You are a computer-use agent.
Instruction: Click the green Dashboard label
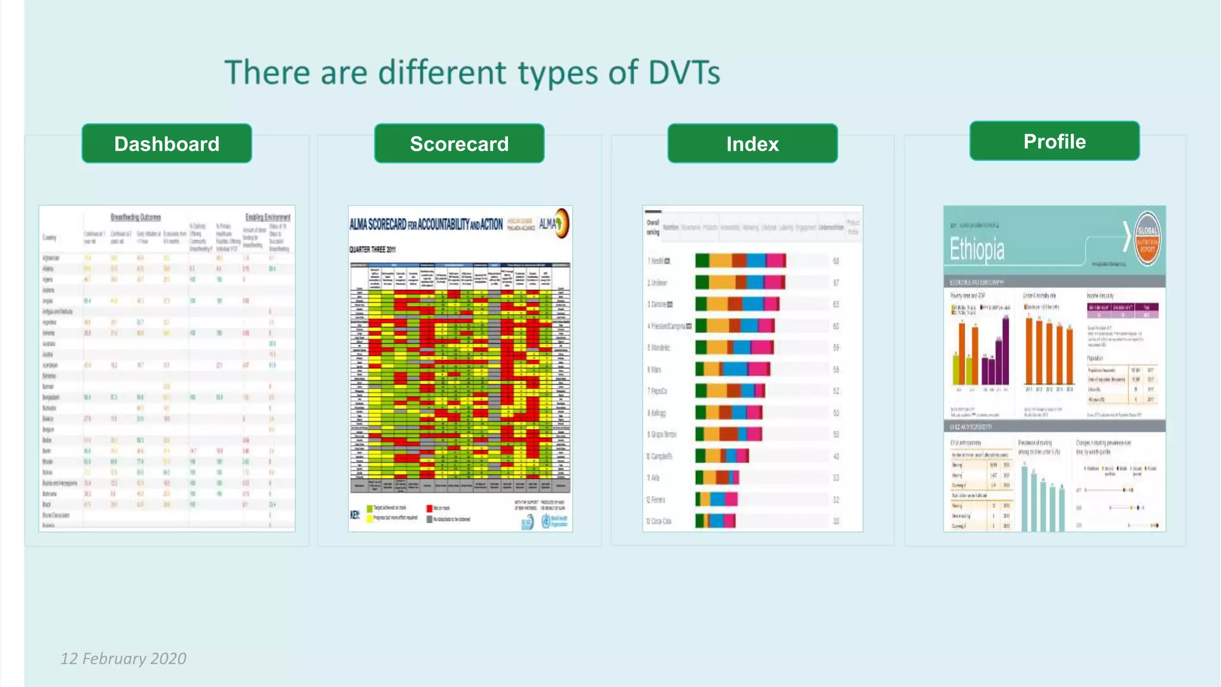click(166, 144)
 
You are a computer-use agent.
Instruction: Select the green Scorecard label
click(459, 144)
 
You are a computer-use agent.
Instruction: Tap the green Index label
click(752, 144)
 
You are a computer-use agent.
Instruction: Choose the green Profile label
click(1054, 141)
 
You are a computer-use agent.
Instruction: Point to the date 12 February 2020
click(123, 658)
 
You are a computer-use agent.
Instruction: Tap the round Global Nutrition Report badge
click(1146, 238)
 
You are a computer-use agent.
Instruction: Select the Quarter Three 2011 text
click(372, 250)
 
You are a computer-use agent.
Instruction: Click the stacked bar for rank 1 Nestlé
click(740, 261)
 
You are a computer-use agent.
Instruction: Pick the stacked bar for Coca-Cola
click(715, 521)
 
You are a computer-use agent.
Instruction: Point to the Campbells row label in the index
click(661, 456)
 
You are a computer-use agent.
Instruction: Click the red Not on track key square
click(429, 509)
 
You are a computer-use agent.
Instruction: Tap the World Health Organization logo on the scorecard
click(546, 521)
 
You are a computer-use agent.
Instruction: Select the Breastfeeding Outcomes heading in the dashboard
click(135, 217)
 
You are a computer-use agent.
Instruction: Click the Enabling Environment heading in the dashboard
click(268, 217)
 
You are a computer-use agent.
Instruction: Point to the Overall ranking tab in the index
click(653, 227)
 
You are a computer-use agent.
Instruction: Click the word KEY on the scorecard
click(355, 515)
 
